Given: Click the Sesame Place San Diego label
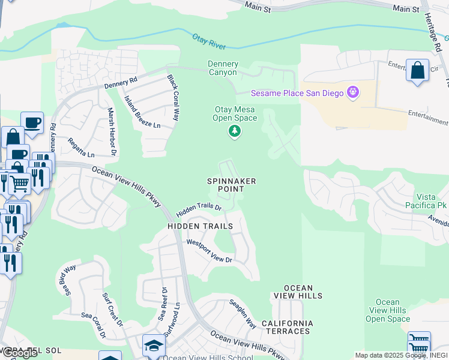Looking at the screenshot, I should tap(297, 93).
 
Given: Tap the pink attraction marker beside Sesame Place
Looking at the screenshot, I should tap(353, 92).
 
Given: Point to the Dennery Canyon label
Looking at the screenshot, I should tap(223, 68).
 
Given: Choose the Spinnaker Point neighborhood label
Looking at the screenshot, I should tap(232, 185).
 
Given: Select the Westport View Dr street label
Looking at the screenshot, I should tap(209, 251).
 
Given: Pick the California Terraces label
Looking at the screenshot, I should tap(286, 327).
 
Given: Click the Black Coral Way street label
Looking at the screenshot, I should tap(173, 98).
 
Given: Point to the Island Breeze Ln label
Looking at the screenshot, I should tap(142, 112).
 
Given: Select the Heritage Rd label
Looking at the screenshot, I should tap(435, 34).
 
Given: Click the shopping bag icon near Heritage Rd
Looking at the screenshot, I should tap(417, 70).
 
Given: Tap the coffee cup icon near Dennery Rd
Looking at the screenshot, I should tap(32, 122).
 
